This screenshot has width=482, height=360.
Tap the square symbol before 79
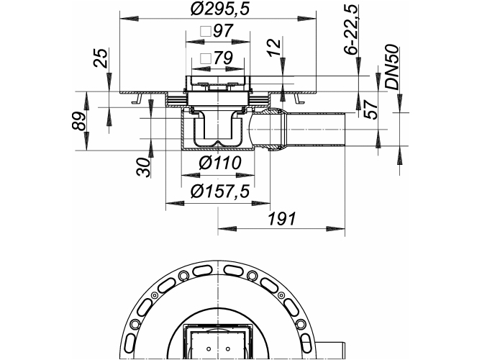click(204, 60)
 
